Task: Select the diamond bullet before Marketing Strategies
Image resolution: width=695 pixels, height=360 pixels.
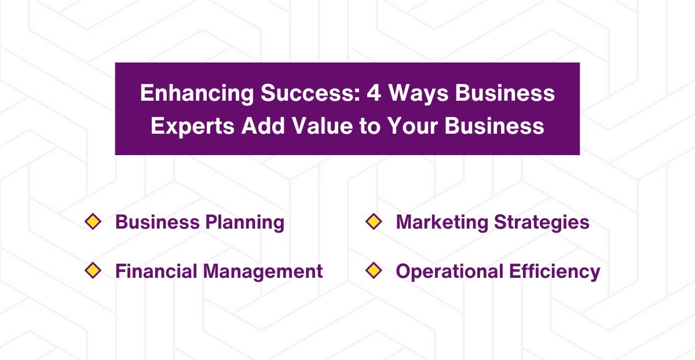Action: click(374, 222)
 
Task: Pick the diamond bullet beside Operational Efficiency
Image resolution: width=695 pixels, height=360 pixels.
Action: click(374, 270)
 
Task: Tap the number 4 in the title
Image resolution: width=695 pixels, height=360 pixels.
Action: click(374, 94)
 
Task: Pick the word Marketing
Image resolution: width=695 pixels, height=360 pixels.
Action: click(440, 222)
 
